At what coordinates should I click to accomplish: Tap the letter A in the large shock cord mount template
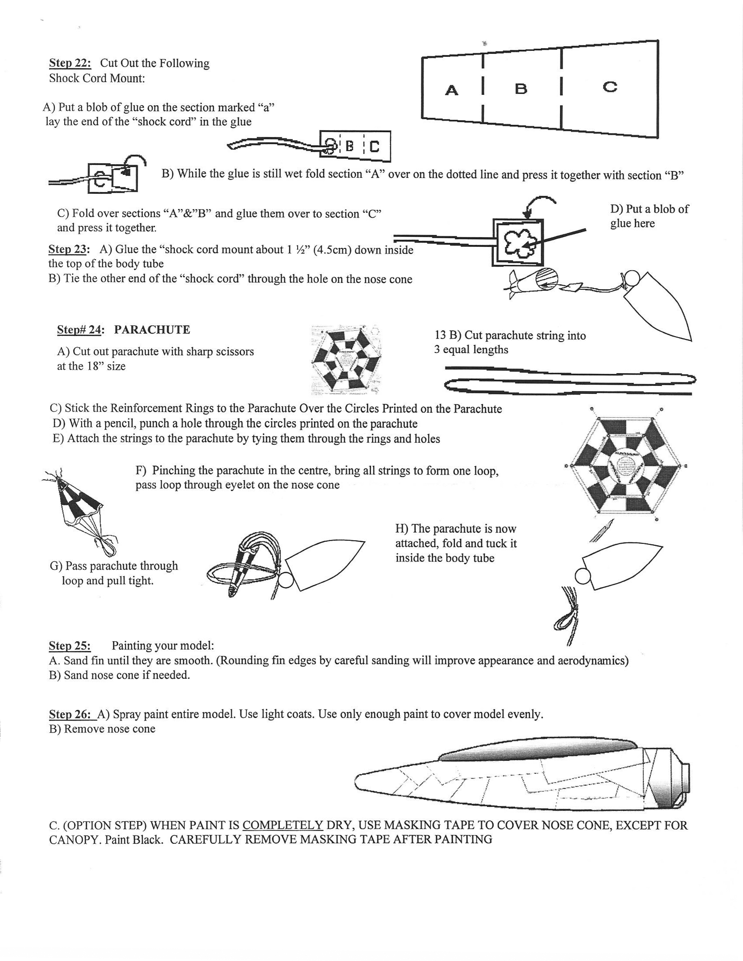[x=452, y=91]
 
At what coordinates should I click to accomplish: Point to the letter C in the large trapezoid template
[x=610, y=87]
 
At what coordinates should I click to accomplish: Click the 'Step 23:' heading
[x=69, y=250]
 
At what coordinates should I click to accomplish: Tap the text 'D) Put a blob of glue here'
[x=649, y=216]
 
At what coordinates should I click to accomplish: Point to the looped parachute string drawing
[x=570, y=380]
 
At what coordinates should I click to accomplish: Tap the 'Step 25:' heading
[x=70, y=646]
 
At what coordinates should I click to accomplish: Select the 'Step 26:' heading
[x=70, y=714]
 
